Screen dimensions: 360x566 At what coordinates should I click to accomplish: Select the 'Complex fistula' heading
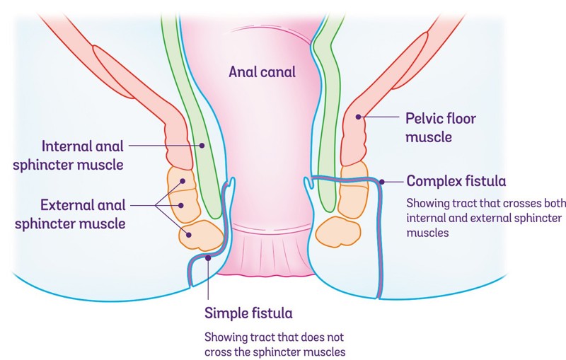[x=456, y=180]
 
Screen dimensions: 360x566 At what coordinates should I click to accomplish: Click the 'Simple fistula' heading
[x=248, y=312]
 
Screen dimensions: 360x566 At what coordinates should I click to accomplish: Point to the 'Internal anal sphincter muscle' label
[x=83, y=156]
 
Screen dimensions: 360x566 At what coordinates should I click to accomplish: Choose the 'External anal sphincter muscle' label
[x=83, y=214]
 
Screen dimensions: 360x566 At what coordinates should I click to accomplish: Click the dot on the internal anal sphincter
[x=202, y=146]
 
